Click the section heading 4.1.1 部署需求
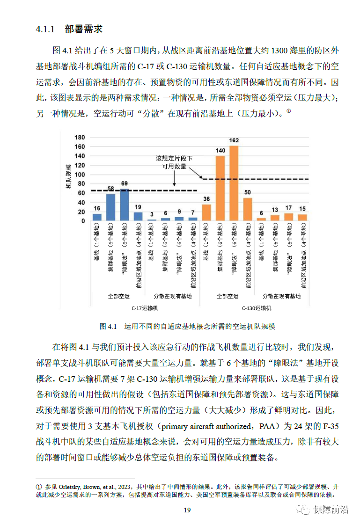point(69,29)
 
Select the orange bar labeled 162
point(234,183)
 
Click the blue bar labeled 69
point(125,205)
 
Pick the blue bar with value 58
point(111,207)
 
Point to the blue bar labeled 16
point(97,217)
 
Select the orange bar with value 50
point(248,209)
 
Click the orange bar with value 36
point(206,212)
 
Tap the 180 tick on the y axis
point(80,138)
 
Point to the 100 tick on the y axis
point(80,175)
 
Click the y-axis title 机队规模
point(68,176)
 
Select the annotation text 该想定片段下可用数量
point(174,162)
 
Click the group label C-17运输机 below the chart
point(145,308)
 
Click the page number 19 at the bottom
point(187,510)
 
